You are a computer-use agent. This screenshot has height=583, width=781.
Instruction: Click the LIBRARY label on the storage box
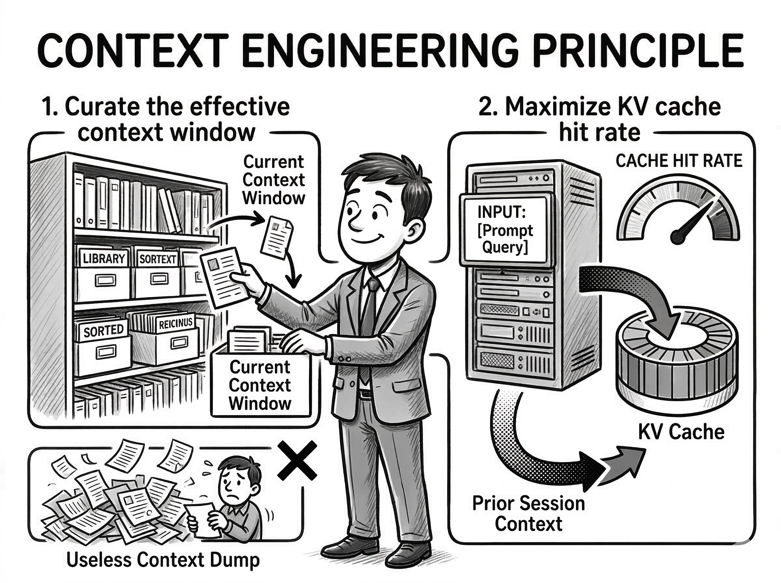(x=104, y=259)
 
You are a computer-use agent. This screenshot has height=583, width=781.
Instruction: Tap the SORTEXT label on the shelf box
(x=158, y=259)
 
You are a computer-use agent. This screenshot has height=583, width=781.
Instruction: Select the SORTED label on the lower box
(x=103, y=331)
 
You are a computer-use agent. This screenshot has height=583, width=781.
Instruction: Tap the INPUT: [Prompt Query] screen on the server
(x=505, y=230)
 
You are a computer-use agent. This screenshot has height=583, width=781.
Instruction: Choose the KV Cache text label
(x=681, y=432)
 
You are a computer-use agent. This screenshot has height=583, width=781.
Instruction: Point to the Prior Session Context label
(x=528, y=513)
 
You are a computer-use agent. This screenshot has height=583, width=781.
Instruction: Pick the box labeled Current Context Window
(x=260, y=386)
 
